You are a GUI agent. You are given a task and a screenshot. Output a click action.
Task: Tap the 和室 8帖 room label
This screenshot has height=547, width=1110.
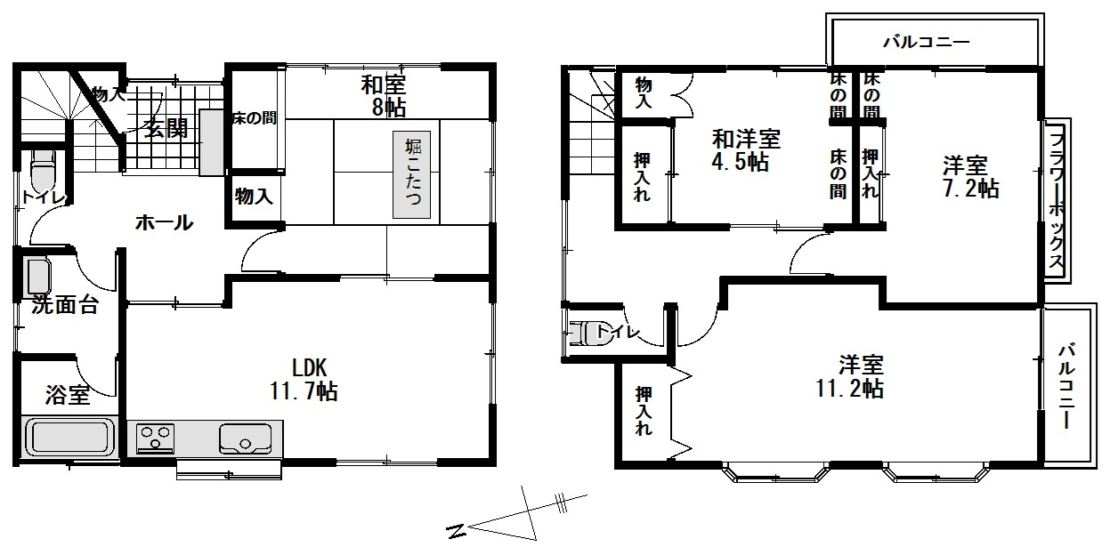(384, 96)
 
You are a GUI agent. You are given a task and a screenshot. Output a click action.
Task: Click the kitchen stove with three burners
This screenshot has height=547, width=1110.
(156, 438)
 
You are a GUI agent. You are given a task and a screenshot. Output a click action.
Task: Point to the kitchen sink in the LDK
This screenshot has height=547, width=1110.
(245, 438)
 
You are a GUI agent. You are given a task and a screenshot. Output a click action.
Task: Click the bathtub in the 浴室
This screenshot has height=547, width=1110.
(69, 438)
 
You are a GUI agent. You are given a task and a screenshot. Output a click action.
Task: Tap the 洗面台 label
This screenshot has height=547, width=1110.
(65, 305)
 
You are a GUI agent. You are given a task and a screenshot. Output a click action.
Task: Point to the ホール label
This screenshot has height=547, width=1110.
(164, 223)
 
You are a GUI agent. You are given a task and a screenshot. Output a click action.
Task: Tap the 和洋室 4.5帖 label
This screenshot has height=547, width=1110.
(746, 150)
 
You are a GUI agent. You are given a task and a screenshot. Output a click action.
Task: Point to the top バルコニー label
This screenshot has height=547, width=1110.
(926, 41)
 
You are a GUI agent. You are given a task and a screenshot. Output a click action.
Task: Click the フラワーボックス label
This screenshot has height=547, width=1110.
(1057, 200)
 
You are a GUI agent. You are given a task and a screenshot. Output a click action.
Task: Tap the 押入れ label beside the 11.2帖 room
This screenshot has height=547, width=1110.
(644, 410)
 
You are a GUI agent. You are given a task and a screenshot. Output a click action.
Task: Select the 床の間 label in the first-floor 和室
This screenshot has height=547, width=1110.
(255, 118)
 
